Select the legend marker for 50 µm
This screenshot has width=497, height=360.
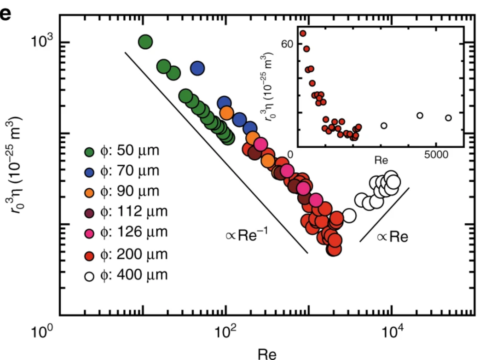click(x=90, y=151)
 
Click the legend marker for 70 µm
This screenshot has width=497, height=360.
click(x=90, y=172)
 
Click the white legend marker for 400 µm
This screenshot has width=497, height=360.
click(x=90, y=276)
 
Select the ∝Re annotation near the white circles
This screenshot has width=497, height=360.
click(x=393, y=237)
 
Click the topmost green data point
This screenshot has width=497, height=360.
click(x=145, y=42)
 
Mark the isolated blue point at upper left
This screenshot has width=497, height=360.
click(x=197, y=68)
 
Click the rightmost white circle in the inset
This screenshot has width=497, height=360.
click(x=448, y=118)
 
